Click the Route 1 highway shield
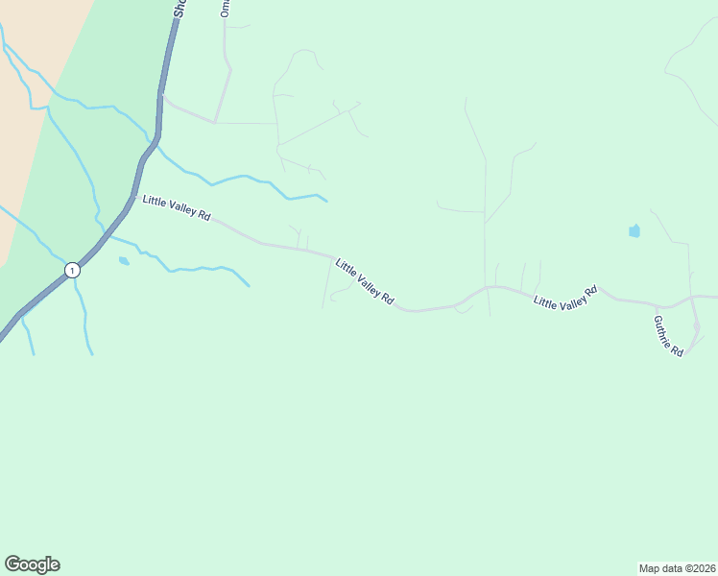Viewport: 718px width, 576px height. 72,271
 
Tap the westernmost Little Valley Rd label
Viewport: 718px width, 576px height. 176,207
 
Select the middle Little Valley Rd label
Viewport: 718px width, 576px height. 365,281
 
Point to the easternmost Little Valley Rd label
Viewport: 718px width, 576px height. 565,297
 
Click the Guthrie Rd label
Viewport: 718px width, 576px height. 668,336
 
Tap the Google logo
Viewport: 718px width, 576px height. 32,564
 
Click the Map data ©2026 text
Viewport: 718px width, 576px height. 677,567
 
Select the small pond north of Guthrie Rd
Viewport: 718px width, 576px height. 634,230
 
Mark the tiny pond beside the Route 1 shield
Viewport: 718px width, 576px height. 123,260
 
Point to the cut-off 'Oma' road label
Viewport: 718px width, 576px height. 226,9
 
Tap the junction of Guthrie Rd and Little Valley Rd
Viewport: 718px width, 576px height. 693,299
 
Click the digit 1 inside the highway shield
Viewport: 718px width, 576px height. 72,271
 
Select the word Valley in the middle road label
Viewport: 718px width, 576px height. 368,283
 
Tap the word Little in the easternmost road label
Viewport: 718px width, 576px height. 543,302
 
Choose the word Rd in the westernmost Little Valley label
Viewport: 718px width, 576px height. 203,215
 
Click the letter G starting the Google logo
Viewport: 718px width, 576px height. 12,564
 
